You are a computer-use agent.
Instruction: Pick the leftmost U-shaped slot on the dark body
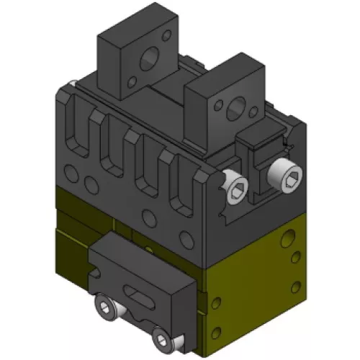tap(80, 130)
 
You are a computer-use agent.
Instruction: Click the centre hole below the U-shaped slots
tap(148, 215)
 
